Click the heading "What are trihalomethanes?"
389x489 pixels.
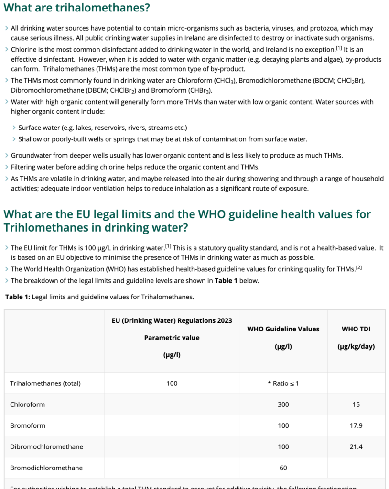click(76, 8)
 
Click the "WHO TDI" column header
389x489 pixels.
click(356, 329)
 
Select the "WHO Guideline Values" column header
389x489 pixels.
click(283, 329)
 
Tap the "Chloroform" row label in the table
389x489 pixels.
click(27, 404)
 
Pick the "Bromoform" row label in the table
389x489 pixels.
click(28, 425)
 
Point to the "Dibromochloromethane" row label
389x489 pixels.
click(46, 446)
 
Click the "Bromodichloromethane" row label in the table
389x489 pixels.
click(46, 468)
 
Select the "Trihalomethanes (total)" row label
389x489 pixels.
click(45, 383)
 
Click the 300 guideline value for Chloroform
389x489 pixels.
click(283, 404)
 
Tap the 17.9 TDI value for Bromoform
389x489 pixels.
click(356, 425)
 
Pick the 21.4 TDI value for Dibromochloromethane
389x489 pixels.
click(356, 446)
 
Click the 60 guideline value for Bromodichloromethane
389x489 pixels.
click(283, 468)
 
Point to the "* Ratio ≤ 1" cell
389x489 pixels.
click(283, 383)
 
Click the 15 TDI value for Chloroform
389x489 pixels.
click(356, 404)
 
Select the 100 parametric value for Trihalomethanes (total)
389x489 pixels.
click(172, 383)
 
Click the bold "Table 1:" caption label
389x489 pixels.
click(18, 297)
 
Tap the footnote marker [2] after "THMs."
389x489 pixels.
click(358, 268)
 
